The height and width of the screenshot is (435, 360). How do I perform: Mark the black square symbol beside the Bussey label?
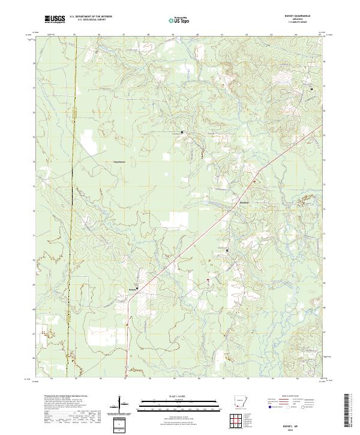point(137,288)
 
